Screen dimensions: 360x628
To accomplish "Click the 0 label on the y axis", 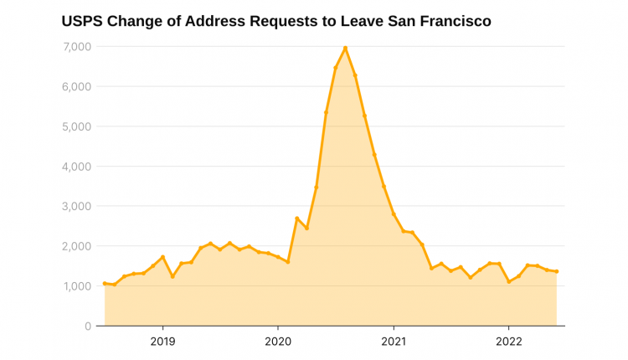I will [x=87, y=327].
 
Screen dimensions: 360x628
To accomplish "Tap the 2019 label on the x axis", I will [x=162, y=342].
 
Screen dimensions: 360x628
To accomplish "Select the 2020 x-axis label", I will [x=278, y=342].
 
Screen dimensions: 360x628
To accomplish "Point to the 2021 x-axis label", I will [x=394, y=342].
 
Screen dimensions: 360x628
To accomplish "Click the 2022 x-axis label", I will [x=509, y=342].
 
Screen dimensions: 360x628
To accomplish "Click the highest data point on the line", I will [x=345, y=48].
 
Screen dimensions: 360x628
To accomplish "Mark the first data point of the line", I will [x=105, y=283].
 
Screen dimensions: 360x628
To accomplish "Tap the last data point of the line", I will [x=557, y=271].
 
